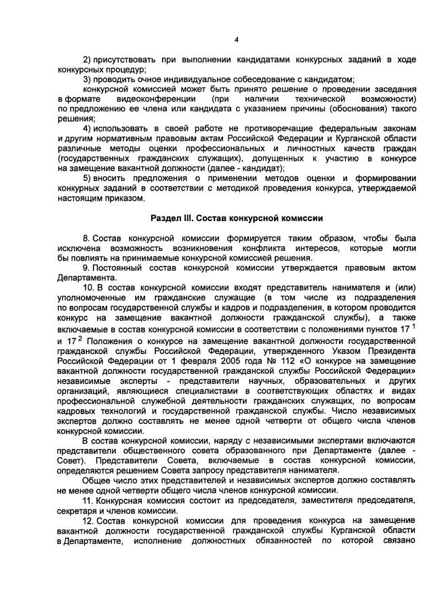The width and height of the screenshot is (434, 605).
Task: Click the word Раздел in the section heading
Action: click(x=165, y=218)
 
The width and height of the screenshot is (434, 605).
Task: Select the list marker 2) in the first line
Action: click(x=87, y=60)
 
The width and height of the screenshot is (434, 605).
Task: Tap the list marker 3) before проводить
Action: click(x=87, y=79)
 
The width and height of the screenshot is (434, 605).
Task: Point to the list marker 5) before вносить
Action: click(x=87, y=178)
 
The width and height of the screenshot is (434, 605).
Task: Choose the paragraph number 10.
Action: click(x=88, y=287)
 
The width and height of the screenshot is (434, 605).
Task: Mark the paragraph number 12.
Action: click(x=88, y=520)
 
